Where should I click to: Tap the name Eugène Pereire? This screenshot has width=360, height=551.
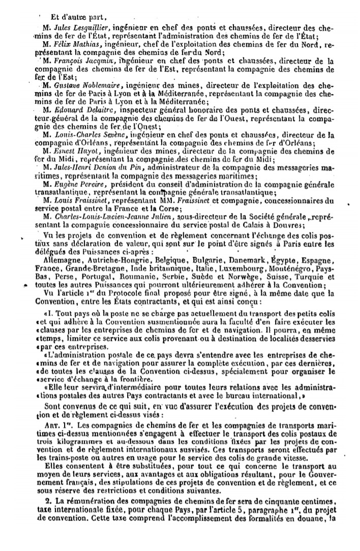pos(72,183)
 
